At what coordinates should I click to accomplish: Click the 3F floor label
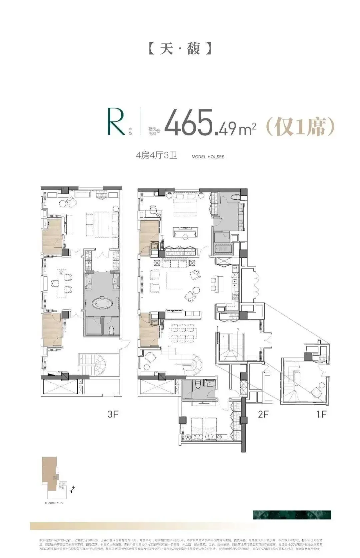[113, 414]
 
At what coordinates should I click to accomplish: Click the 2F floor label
[263, 414]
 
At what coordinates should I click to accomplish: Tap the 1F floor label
[321, 414]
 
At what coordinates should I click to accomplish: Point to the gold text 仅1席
[300, 126]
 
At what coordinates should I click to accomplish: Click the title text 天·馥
[180, 49]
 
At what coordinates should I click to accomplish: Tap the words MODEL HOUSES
[208, 157]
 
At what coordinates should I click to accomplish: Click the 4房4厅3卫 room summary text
[156, 155]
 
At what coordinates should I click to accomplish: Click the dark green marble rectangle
[292, 515]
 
